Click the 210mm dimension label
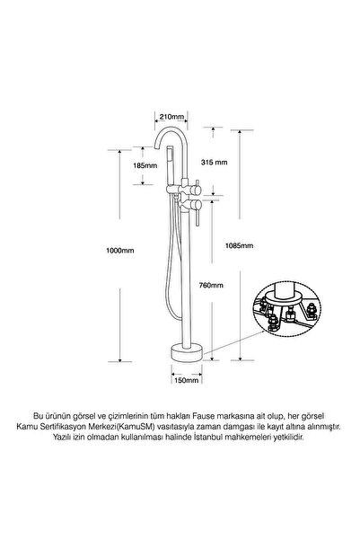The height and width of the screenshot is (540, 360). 171,117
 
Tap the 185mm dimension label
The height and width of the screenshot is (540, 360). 145,165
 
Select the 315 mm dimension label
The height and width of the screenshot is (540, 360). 214,162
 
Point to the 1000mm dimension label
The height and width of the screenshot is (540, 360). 119,251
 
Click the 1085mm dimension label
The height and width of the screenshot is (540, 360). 239,245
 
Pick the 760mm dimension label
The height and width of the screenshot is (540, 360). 211,285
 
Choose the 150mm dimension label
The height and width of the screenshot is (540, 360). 187,380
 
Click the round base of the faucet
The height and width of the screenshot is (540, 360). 187,352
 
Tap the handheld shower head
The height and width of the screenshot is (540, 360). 170,166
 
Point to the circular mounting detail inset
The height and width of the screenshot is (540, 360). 287,307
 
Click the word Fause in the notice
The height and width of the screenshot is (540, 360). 202,416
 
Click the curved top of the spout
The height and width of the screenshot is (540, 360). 171,129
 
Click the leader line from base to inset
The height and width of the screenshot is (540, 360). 234,341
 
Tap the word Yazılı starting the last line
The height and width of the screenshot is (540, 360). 63,438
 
